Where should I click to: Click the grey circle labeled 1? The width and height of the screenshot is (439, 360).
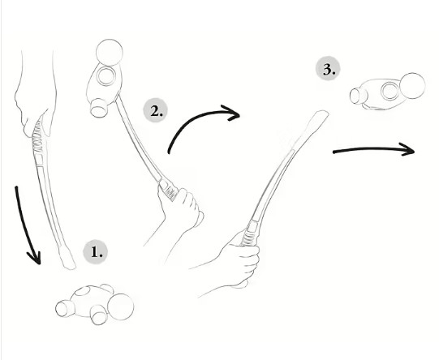pyautogui.click(x=96, y=252)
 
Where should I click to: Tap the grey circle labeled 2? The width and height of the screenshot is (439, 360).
pyautogui.click(x=156, y=110)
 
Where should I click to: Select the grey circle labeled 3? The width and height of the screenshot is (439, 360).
pyautogui.click(x=328, y=69)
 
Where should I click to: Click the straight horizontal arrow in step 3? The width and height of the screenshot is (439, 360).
pyautogui.click(x=374, y=149)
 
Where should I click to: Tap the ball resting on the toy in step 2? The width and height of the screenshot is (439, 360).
pyautogui.click(x=110, y=53)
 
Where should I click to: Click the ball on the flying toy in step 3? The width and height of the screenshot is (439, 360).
pyautogui.click(x=412, y=86)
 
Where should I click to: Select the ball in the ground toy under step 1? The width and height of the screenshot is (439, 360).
pyautogui.click(x=121, y=306)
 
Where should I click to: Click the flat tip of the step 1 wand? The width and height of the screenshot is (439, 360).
pyautogui.click(x=67, y=259)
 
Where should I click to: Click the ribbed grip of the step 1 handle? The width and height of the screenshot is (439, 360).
pyautogui.click(x=38, y=137)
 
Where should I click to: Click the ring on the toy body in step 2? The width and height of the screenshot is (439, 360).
pyautogui.click(x=105, y=75)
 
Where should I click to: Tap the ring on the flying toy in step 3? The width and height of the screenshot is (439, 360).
pyautogui.click(x=390, y=91)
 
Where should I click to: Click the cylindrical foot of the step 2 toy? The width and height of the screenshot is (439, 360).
pyautogui.click(x=99, y=109)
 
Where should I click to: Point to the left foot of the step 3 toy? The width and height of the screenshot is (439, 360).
pyautogui.click(x=358, y=96)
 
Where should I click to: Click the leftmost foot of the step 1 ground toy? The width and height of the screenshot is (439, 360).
pyautogui.click(x=64, y=308)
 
